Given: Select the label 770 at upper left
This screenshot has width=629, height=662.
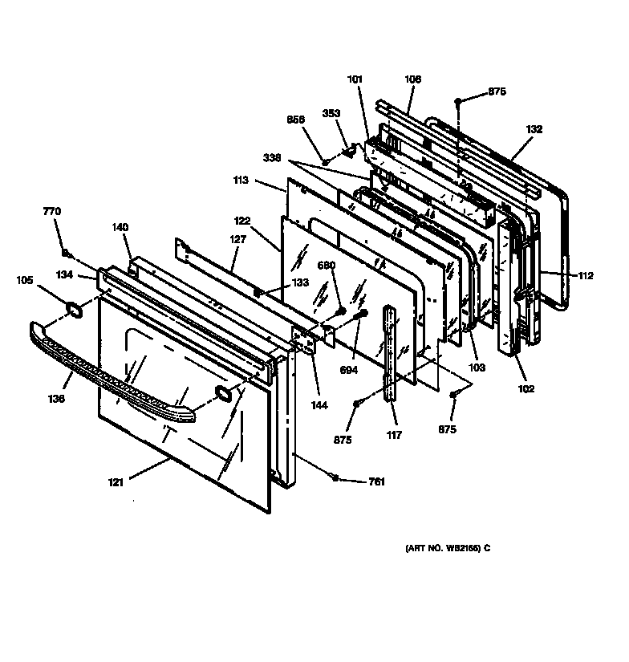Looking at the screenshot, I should pyautogui.click(x=51, y=211).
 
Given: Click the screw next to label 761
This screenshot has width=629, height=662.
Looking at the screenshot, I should pyautogui.click(x=335, y=478).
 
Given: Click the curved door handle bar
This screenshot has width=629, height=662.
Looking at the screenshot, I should pyautogui.click(x=112, y=373).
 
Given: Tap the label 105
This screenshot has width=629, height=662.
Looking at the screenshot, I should pyautogui.click(x=26, y=280).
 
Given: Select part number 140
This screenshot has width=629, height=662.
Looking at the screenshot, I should pyautogui.click(x=120, y=227).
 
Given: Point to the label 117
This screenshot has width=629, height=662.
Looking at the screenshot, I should pyautogui.click(x=393, y=436).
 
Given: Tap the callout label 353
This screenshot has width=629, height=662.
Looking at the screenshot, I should pyautogui.click(x=332, y=113).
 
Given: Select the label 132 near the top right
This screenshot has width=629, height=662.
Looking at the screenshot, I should pyautogui.click(x=534, y=129).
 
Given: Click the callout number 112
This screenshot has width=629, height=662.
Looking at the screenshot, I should pyautogui.click(x=585, y=276).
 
